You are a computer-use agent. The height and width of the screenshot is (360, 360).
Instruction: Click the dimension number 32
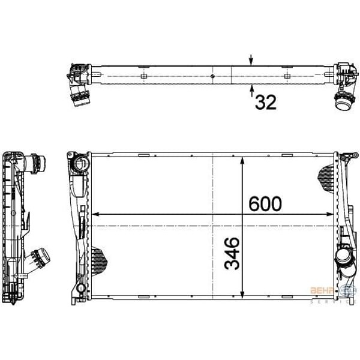click(x=265, y=103)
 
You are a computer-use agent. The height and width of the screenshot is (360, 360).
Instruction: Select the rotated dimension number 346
click(x=232, y=253)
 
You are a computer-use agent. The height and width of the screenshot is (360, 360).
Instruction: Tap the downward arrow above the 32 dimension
click(x=251, y=60)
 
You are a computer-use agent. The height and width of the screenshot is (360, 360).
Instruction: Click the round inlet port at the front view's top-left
click(x=79, y=164)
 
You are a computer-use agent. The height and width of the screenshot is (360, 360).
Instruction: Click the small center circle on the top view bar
click(x=213, y=76)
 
